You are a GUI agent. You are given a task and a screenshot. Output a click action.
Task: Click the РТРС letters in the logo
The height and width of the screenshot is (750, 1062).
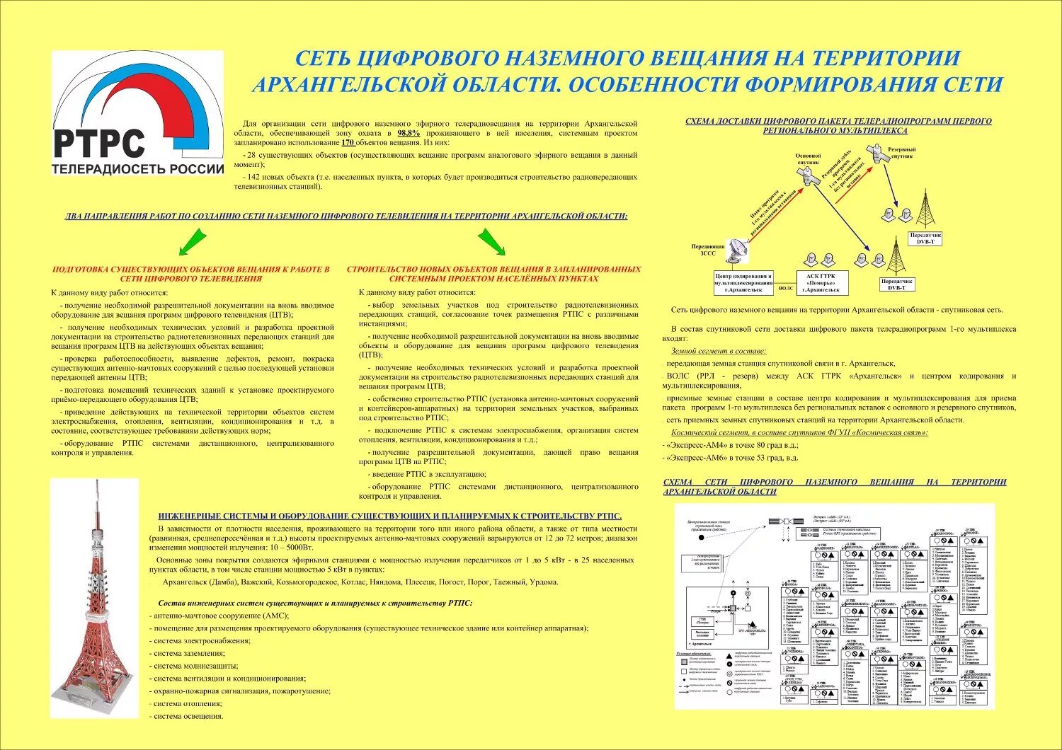coord(99,143)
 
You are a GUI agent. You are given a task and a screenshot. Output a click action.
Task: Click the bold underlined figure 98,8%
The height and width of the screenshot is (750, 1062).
coord(409,133)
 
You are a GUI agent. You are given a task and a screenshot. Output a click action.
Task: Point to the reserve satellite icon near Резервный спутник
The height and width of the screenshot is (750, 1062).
coord(878,155)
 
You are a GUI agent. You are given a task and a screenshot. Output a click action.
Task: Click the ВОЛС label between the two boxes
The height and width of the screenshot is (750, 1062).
coord(785,288)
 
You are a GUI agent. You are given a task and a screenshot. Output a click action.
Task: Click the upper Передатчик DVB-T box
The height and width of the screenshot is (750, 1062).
coord(925,238)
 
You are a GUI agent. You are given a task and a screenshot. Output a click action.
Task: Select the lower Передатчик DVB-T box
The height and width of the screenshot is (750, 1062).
coord(896,284)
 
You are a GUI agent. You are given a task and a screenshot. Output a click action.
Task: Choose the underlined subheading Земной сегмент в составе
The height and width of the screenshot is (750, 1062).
coord(718,351)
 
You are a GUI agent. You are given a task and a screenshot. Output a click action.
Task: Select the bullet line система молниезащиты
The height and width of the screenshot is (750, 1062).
coord(191,666)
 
